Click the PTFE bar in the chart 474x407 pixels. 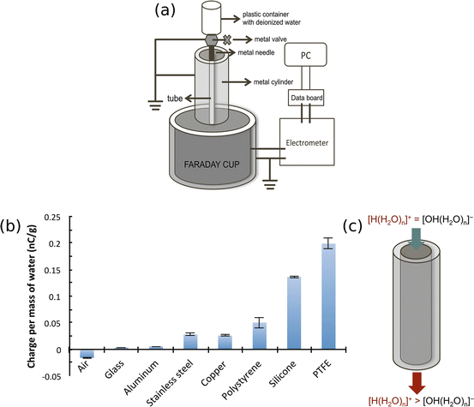328,296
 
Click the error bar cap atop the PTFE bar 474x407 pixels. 328,238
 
